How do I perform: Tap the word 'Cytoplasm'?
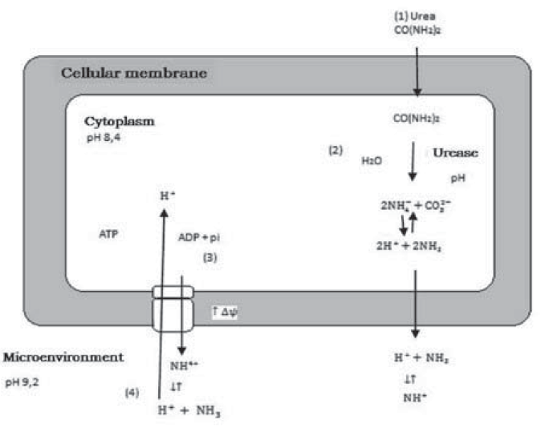tap(119, 122)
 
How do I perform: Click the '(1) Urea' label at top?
tap(413, 15)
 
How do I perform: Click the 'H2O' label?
tap(372, 160)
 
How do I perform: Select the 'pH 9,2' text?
tap(22, 382)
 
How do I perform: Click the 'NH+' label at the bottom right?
tap(414, 396)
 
